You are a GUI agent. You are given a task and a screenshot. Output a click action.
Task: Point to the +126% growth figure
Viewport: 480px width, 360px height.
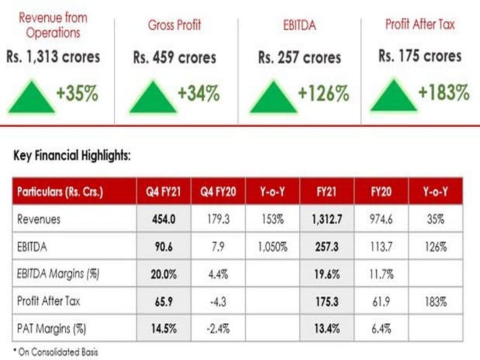[323, 94]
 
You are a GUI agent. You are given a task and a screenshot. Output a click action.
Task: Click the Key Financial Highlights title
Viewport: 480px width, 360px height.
[73, 156]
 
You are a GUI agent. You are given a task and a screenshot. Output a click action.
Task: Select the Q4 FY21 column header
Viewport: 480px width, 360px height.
[163, 192]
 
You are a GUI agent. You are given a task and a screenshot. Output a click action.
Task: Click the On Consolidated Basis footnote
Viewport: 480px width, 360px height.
[58, 351]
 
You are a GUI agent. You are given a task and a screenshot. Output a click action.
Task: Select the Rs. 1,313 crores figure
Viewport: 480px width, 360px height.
[54, 57]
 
